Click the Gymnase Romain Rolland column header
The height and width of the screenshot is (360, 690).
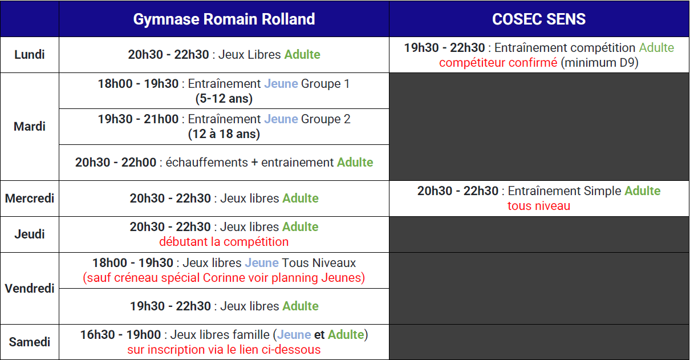coord(224,19)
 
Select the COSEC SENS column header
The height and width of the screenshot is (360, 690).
coord(539,19)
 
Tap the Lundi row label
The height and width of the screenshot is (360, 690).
coord(30,55)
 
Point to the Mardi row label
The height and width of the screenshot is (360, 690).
coord(30,126)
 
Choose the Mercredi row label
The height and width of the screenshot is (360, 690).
coord(30,198)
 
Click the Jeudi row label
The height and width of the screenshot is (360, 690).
coord(30,234)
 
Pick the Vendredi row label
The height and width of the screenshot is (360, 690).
coord(30,289)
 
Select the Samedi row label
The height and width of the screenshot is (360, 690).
coord(30,342)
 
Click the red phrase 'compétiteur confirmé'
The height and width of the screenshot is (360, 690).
coord(498,63)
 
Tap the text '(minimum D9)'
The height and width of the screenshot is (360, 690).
coord(599,63)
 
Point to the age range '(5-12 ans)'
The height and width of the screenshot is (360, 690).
coord(224,99)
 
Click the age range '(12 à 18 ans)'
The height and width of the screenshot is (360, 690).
coord(224,134)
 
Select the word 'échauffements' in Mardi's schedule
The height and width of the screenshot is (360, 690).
coord(206,163)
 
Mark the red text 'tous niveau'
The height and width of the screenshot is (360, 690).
coord(539,206)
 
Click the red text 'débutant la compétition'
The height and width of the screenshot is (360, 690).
coord(224,242)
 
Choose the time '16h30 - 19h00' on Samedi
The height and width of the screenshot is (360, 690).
coord(120,335)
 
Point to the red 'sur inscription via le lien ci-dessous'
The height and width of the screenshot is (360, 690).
coord(224,350)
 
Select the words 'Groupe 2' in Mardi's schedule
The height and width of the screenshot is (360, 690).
coord(326,119)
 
